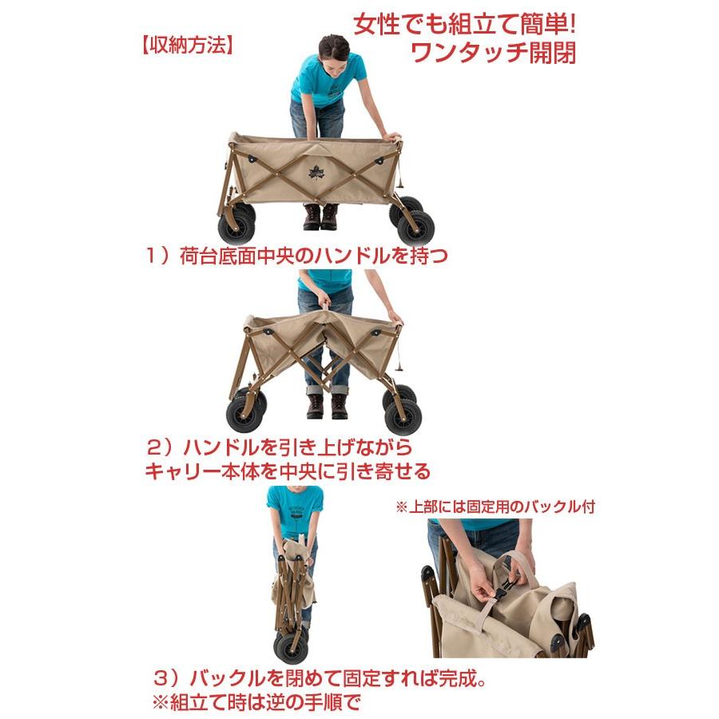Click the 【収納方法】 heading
coord(187,46)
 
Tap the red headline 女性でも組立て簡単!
coord(464,24)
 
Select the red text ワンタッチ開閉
coord(493,53)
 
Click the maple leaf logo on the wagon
coord(315,173)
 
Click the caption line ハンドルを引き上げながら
coord(298,447)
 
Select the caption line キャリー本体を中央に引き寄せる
coord(288,471)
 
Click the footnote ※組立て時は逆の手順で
coord(256,701)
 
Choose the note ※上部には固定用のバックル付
coord(495,506)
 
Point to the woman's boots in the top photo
coord(320,216)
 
